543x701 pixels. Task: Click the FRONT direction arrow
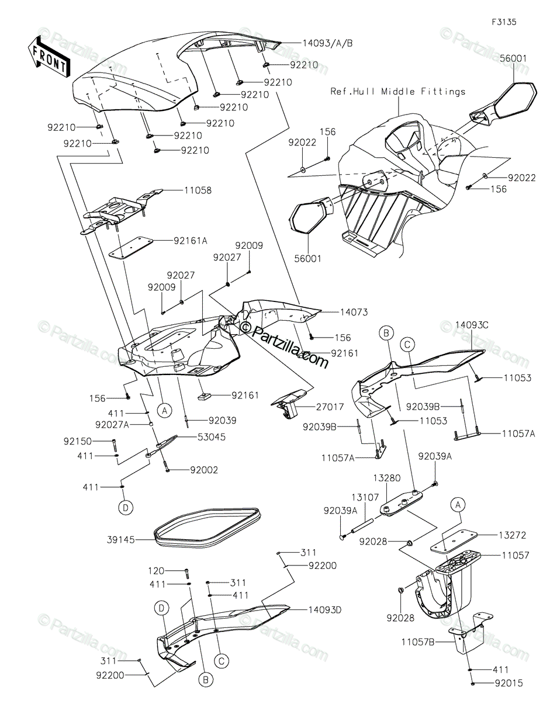point(49,57)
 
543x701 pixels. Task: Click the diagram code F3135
point(504,22)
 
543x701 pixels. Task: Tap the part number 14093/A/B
point(327,43)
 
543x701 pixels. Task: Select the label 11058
point(198,190)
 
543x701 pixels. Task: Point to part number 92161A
point(191,241)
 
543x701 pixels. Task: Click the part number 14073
point(354,312)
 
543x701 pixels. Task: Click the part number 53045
point(212,437)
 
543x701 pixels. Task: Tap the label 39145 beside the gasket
point(120,539)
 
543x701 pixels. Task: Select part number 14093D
point(324,610)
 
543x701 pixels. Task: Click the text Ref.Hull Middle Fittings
point(398,92)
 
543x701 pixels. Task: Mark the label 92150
point(78,441)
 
